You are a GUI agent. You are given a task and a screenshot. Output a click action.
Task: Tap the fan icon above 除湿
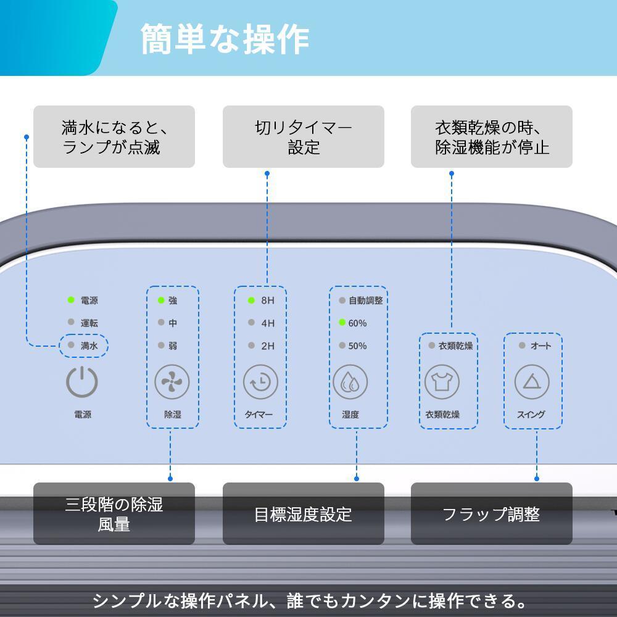pos(172,382)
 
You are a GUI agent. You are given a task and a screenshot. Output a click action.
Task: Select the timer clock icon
pos(260,382)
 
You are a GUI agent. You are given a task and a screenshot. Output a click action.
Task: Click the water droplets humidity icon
pos(350,382)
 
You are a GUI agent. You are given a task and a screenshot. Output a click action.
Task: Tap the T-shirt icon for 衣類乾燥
pos(442,382)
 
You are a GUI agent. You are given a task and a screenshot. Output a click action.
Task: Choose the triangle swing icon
pos(532,382)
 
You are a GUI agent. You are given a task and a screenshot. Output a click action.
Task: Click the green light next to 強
pos(161,300)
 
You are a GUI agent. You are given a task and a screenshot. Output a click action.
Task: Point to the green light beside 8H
pos(252,300)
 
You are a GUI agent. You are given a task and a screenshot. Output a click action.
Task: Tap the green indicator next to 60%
pos(342,323)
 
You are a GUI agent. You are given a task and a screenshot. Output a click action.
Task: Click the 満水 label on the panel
pos(89,346)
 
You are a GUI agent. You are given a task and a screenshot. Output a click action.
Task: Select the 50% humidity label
pos(357,346)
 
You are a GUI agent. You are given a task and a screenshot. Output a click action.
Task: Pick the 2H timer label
pos(268,346)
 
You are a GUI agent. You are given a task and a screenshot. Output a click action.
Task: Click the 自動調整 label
pos(366,300)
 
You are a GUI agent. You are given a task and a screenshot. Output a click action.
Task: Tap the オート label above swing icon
pos(540,346)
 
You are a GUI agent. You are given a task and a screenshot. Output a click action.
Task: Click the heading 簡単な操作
pos(225,39)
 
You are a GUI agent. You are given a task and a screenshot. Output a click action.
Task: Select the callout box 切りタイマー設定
pos(304,136)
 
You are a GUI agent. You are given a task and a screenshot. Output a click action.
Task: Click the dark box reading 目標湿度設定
pos(304,513)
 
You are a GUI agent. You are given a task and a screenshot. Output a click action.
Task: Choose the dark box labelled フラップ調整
pos(492,513)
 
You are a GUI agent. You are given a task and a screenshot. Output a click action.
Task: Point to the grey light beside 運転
pos(71,322)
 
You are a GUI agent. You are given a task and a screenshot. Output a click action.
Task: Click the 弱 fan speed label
pos(173,346)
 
